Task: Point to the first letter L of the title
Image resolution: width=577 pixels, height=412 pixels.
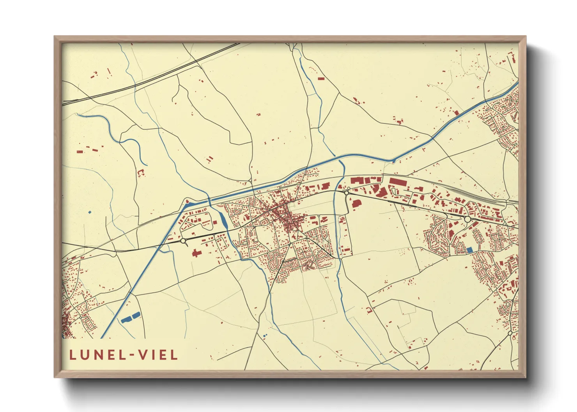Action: [73, 355]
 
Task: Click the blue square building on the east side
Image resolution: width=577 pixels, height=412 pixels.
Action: [469, 249]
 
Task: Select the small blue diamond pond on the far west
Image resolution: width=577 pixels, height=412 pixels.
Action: [90, 212]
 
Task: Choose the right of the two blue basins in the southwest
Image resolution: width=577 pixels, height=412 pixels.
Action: [136, 315]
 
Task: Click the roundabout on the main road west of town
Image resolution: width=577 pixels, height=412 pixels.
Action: [183, 241]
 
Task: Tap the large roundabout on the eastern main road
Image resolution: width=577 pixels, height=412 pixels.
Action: [467, 220]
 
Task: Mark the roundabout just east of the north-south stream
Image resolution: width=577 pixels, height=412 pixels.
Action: [346, 192]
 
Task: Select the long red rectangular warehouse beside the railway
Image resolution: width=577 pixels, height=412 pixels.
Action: [398, 182]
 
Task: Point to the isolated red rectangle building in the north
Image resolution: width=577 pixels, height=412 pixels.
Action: [321, 79]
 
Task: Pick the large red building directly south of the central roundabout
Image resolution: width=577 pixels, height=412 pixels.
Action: [356, 203]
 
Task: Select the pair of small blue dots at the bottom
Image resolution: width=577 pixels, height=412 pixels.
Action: [265, 335]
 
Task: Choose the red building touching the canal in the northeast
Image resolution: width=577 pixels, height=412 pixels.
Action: [456, 113]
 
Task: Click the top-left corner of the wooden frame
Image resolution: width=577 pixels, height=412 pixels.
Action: [55, 37]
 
